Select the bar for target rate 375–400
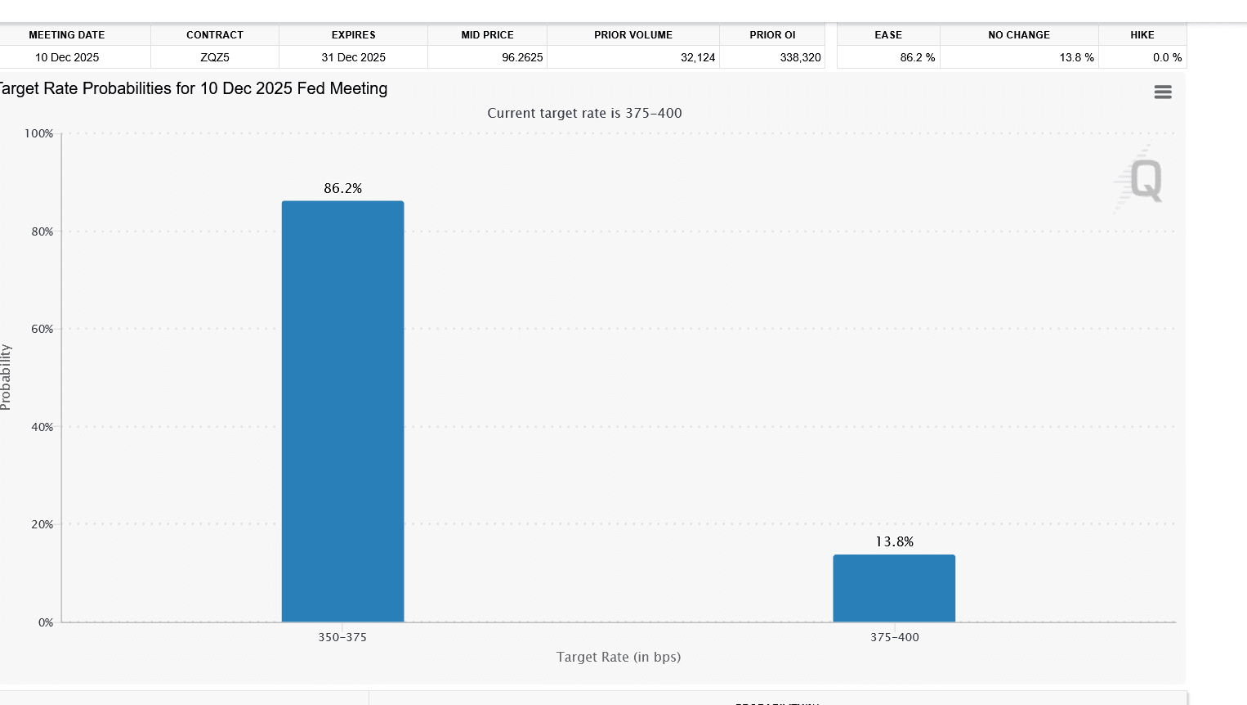click(894, 588)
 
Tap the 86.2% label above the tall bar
click(342, 188)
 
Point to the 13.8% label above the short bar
click(894, 541)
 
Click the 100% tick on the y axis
click(39, 133)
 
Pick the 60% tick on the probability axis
click(42, 329)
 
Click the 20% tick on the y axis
click(42, 524)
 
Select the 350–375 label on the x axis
click(342, 637)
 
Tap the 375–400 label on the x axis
click(894, 637)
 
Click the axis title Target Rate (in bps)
click(619, 657)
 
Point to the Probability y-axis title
click(7, 377)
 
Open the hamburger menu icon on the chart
click(1163, 92)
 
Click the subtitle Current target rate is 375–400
click(584, 113)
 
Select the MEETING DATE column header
click(67, 35)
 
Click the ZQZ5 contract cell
click(215, 57)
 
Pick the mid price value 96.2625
click(522, 57)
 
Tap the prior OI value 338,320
click(800, 57)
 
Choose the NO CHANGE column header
click(1018, 35)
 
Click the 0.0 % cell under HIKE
click(1167, 57)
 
